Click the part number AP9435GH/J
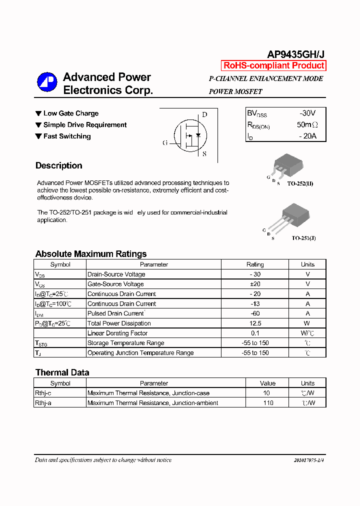296,54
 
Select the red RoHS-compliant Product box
273,65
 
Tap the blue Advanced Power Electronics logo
47,82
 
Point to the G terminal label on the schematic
165,142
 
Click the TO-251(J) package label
303,238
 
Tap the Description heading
58,165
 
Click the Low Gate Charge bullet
70,113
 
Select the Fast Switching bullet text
67,136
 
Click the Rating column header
255,264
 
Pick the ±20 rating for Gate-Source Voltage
255,284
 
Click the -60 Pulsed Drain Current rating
255,313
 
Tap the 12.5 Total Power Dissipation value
255,323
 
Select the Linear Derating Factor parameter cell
117,333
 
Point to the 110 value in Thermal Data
268,403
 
